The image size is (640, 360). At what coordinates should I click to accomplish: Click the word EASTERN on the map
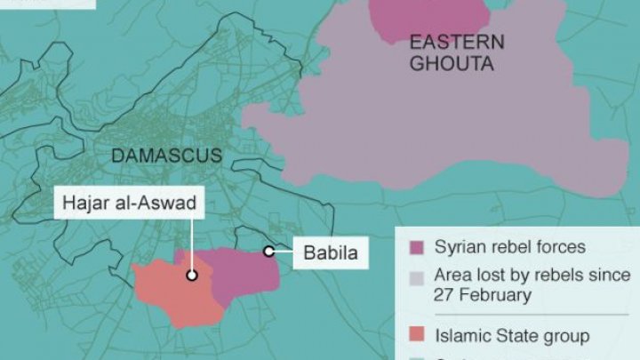coord(457,42)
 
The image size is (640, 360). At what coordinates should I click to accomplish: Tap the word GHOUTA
coord(452,64)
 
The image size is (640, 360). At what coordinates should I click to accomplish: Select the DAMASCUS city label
coord(166,156)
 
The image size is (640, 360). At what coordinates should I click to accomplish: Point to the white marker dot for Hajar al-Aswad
coord(191,276)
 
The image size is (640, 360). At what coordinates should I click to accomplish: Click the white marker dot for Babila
coord(268,252)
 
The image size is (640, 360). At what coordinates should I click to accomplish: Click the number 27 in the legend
coord(445,295)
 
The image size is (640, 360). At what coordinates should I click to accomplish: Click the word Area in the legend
coord(452,276)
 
